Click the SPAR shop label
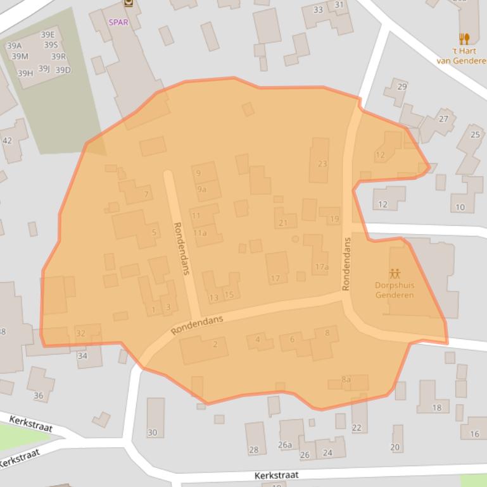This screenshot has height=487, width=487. pyautogui.click(x=118, y=22)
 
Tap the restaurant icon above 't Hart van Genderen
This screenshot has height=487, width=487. pyautogui.click(x=464, y=39)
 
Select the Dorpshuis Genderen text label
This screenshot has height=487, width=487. pyautogui.click(x=394, y=290)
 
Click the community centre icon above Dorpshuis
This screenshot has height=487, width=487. pyautogui.click(x=395, y=274)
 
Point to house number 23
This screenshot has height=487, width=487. pyautogui.click(x=322, y=163)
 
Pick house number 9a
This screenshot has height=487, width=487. pyautogui.click(x=201, y=188)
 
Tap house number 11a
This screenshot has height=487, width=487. pyautogui.click(x=200, y=233)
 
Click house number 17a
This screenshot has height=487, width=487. pyautogui.click(x=322, y=267)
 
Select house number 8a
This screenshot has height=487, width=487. pyautogui.click(x=346, y=379)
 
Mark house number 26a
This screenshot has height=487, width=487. pyautogui.click(x=285, y=445)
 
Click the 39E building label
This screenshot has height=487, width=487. pyautogui.click(x=47, y=35)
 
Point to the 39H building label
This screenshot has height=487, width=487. pyautogui.click(x=25, y=73)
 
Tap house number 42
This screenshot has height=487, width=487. pyautogui.click(x=7, y=140)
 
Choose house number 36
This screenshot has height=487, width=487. pyautogui.click(x=39, y=396)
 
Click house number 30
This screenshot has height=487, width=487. pyautogui.click(x=152, y=433)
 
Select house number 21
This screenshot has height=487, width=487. pyautogui.click(x=283, y=223)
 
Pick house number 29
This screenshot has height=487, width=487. pyautogui.click(x=402, y=87)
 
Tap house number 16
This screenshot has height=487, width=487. pyautogui.click(x=474, y=434)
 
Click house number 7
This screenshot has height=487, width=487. pyautogui.click(x=146, y=194)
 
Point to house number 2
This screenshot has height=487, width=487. pyautogui.click(x=215, y=344)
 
